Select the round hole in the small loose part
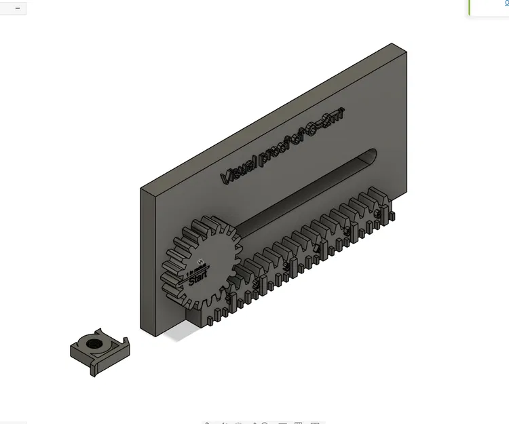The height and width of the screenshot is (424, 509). point(94,343)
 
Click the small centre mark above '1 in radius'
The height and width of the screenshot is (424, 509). point(200,261)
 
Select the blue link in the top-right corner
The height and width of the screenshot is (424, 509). point(506,3)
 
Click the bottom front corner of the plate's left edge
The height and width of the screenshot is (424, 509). point(140,332)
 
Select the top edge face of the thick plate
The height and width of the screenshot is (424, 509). point(271,115)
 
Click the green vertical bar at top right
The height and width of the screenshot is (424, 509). point(469,7)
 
